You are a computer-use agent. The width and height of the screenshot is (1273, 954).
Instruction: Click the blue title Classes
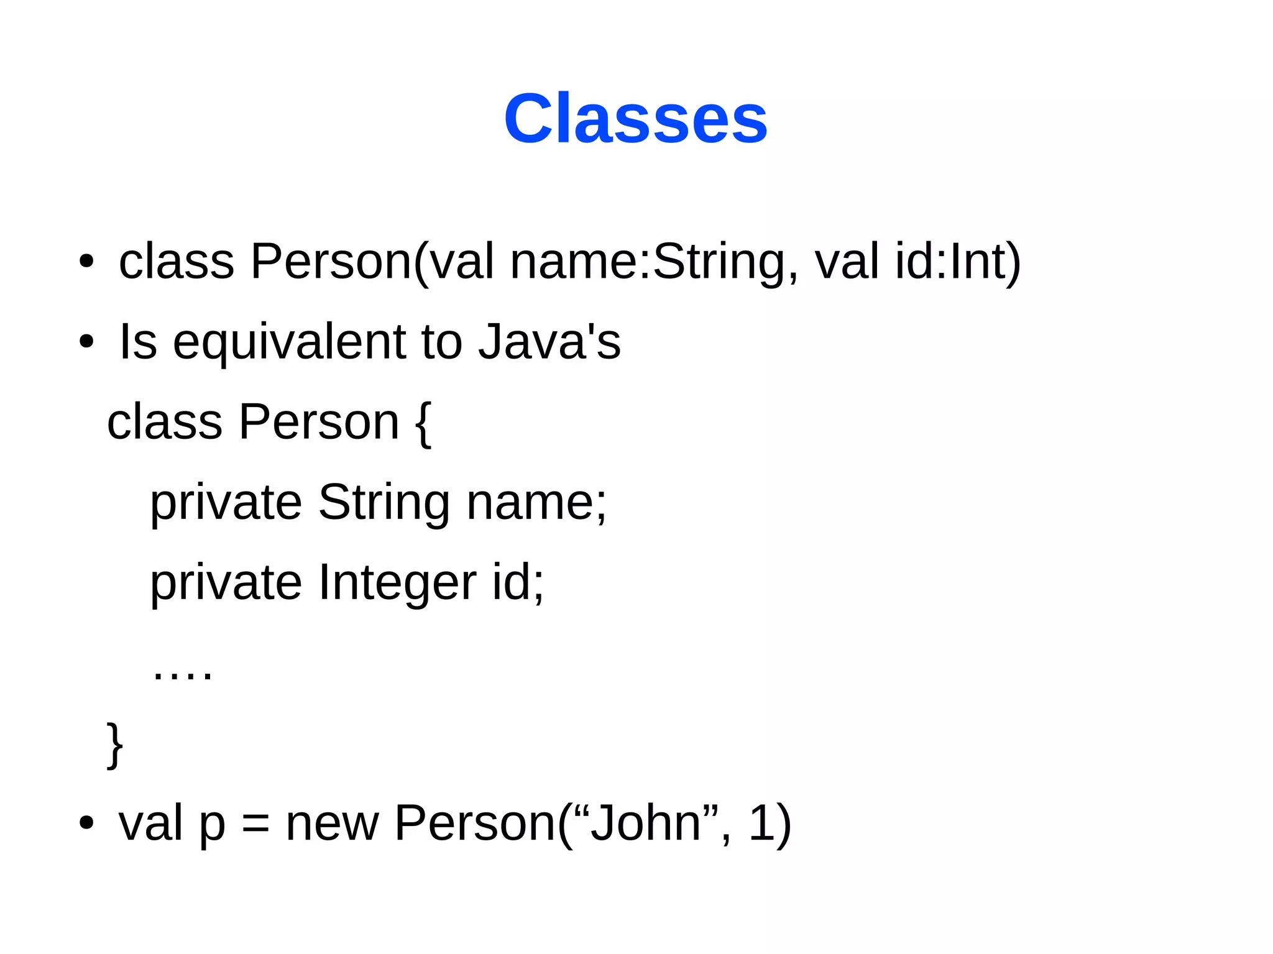(635, 118)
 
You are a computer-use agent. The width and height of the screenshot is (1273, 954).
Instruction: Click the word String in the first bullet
(719, 261)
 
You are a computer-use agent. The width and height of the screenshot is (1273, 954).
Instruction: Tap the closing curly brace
(114, 745)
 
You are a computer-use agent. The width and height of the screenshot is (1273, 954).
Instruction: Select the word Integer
(398, 583)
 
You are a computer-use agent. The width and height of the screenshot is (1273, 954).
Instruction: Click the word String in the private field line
(384, 502)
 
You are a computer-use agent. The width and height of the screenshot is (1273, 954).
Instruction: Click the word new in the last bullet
(332, 823)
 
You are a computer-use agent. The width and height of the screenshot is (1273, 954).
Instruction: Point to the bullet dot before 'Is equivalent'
(86, 342)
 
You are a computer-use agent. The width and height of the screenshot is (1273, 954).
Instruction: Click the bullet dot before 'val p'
(86, 823)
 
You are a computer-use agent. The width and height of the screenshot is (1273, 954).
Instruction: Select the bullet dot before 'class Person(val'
(86, 262)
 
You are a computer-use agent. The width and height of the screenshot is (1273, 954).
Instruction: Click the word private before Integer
(226, 583)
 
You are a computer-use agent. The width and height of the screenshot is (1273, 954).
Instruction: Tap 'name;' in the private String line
(536, 502)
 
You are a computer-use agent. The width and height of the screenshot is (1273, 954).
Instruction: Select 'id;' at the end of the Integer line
(518, 583)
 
